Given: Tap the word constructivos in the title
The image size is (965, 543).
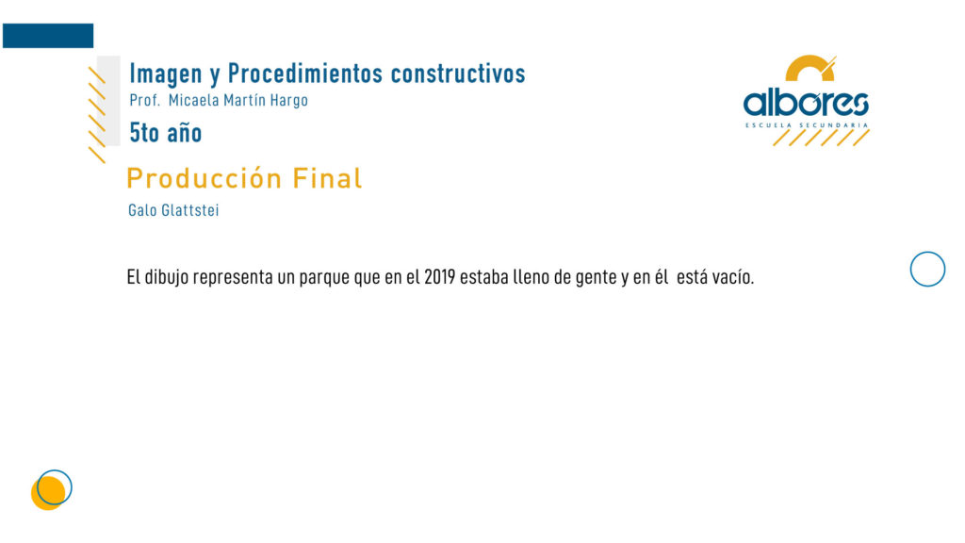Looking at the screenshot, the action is pyautogui.click(x=458, y=74).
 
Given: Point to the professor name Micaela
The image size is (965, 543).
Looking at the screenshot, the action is pyautogui.click(x=193, y=100).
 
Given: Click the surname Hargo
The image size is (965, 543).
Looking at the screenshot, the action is pyautogui.click(x=288, y=101).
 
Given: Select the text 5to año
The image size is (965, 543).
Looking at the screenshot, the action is pyautogui.click(x=166, y=133).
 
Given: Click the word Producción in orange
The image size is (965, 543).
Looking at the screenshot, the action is pyautogui.click(x=204, y=178).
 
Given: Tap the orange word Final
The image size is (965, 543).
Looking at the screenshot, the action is pyautogui.click(x=327, y=178).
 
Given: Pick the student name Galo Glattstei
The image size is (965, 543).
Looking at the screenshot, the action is pyautogui.click(x=173, y=210).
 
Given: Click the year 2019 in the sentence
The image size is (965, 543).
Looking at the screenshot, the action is pyautogui.click(x=439, y=277).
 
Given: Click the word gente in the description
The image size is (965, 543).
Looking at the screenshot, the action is pyautogui.click(x=596, y=278).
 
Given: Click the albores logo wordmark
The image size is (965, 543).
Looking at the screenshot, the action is pyautogui.click(x=806, y=103).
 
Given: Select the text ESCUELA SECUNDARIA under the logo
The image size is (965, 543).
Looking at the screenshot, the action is pyautogui.click(x=807, y=125).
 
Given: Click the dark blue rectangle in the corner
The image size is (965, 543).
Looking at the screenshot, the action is pyautogui.click(x=48, y=36).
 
